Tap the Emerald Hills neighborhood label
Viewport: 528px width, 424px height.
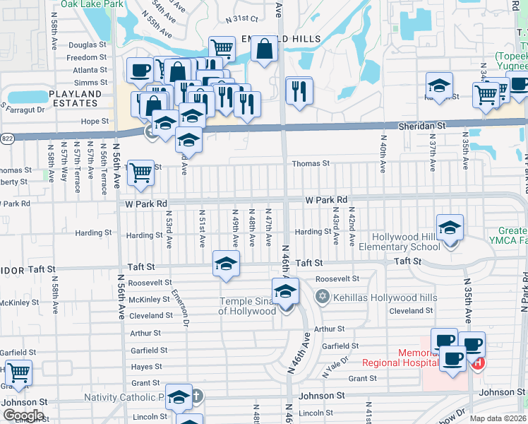(x=281, y=39)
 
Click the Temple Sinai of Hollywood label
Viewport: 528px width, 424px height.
(x=246, y=306)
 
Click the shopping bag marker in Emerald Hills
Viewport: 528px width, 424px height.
(x=264, y=49)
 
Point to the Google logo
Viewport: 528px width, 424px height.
(x=23, y=416)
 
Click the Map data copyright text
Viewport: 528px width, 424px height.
(x=498, y=418)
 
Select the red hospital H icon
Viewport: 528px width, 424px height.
(x=479, y=363)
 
